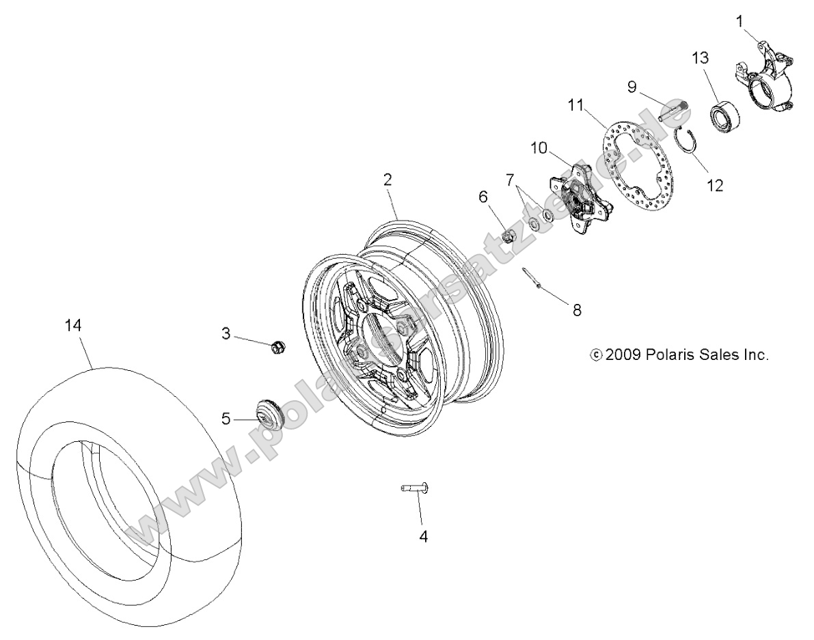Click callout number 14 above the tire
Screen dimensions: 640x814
(x=73, y=326)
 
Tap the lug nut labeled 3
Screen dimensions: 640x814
(x=277, y=347)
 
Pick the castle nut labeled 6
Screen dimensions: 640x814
(x=508, y=236)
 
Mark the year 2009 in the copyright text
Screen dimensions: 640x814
(x=622, y=355)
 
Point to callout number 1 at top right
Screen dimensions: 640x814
(x=740, y=21)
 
